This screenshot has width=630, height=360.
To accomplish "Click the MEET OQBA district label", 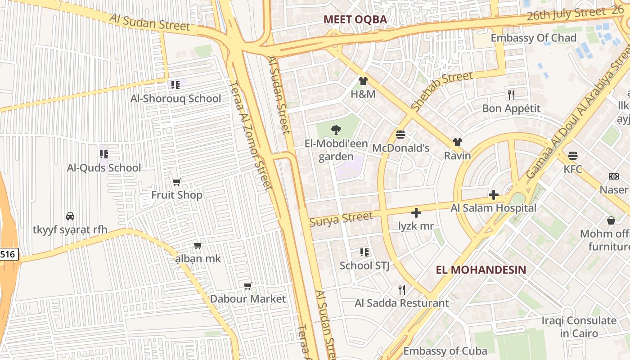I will point(355,19).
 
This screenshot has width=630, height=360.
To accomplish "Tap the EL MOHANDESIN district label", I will point(481,270).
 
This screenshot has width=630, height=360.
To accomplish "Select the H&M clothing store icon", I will point(363,81).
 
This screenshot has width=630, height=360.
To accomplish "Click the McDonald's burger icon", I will point(400,135).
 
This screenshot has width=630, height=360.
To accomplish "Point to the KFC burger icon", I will point(572,156).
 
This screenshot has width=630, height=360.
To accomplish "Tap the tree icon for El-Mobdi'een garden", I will point(336,130).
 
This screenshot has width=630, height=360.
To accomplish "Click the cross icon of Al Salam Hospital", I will point(494,195).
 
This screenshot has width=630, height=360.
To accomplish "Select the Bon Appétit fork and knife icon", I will point(511,95).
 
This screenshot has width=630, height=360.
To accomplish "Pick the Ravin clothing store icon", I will point(458,142).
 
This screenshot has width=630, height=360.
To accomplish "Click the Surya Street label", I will point(341,219).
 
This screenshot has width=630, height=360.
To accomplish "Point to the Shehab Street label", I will point(442,91).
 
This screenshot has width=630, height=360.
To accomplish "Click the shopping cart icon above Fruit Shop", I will point(177,182).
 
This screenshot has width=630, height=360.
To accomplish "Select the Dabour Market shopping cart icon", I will point(247,286).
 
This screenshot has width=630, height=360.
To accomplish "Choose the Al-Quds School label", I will point(104,168).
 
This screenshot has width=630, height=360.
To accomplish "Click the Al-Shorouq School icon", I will point(175,85).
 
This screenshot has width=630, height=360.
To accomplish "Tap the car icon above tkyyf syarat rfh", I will point(70,216).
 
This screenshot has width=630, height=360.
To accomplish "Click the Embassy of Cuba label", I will point(445,351).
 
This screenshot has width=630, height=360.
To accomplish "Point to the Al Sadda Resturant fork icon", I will point(402,289).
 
